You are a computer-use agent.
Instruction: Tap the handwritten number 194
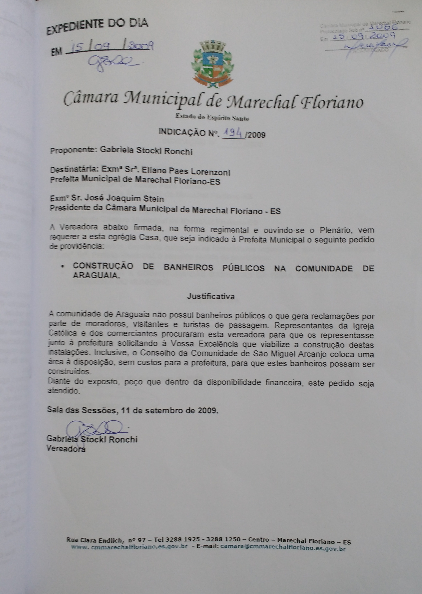[x=233, y=134]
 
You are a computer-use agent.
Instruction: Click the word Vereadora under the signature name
[x=66, y=448]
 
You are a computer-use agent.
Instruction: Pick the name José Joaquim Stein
[x=121, y=199]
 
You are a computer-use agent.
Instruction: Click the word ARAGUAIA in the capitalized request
[x=96, y=275]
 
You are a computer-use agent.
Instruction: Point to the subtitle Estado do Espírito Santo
[x=212, y=118]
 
